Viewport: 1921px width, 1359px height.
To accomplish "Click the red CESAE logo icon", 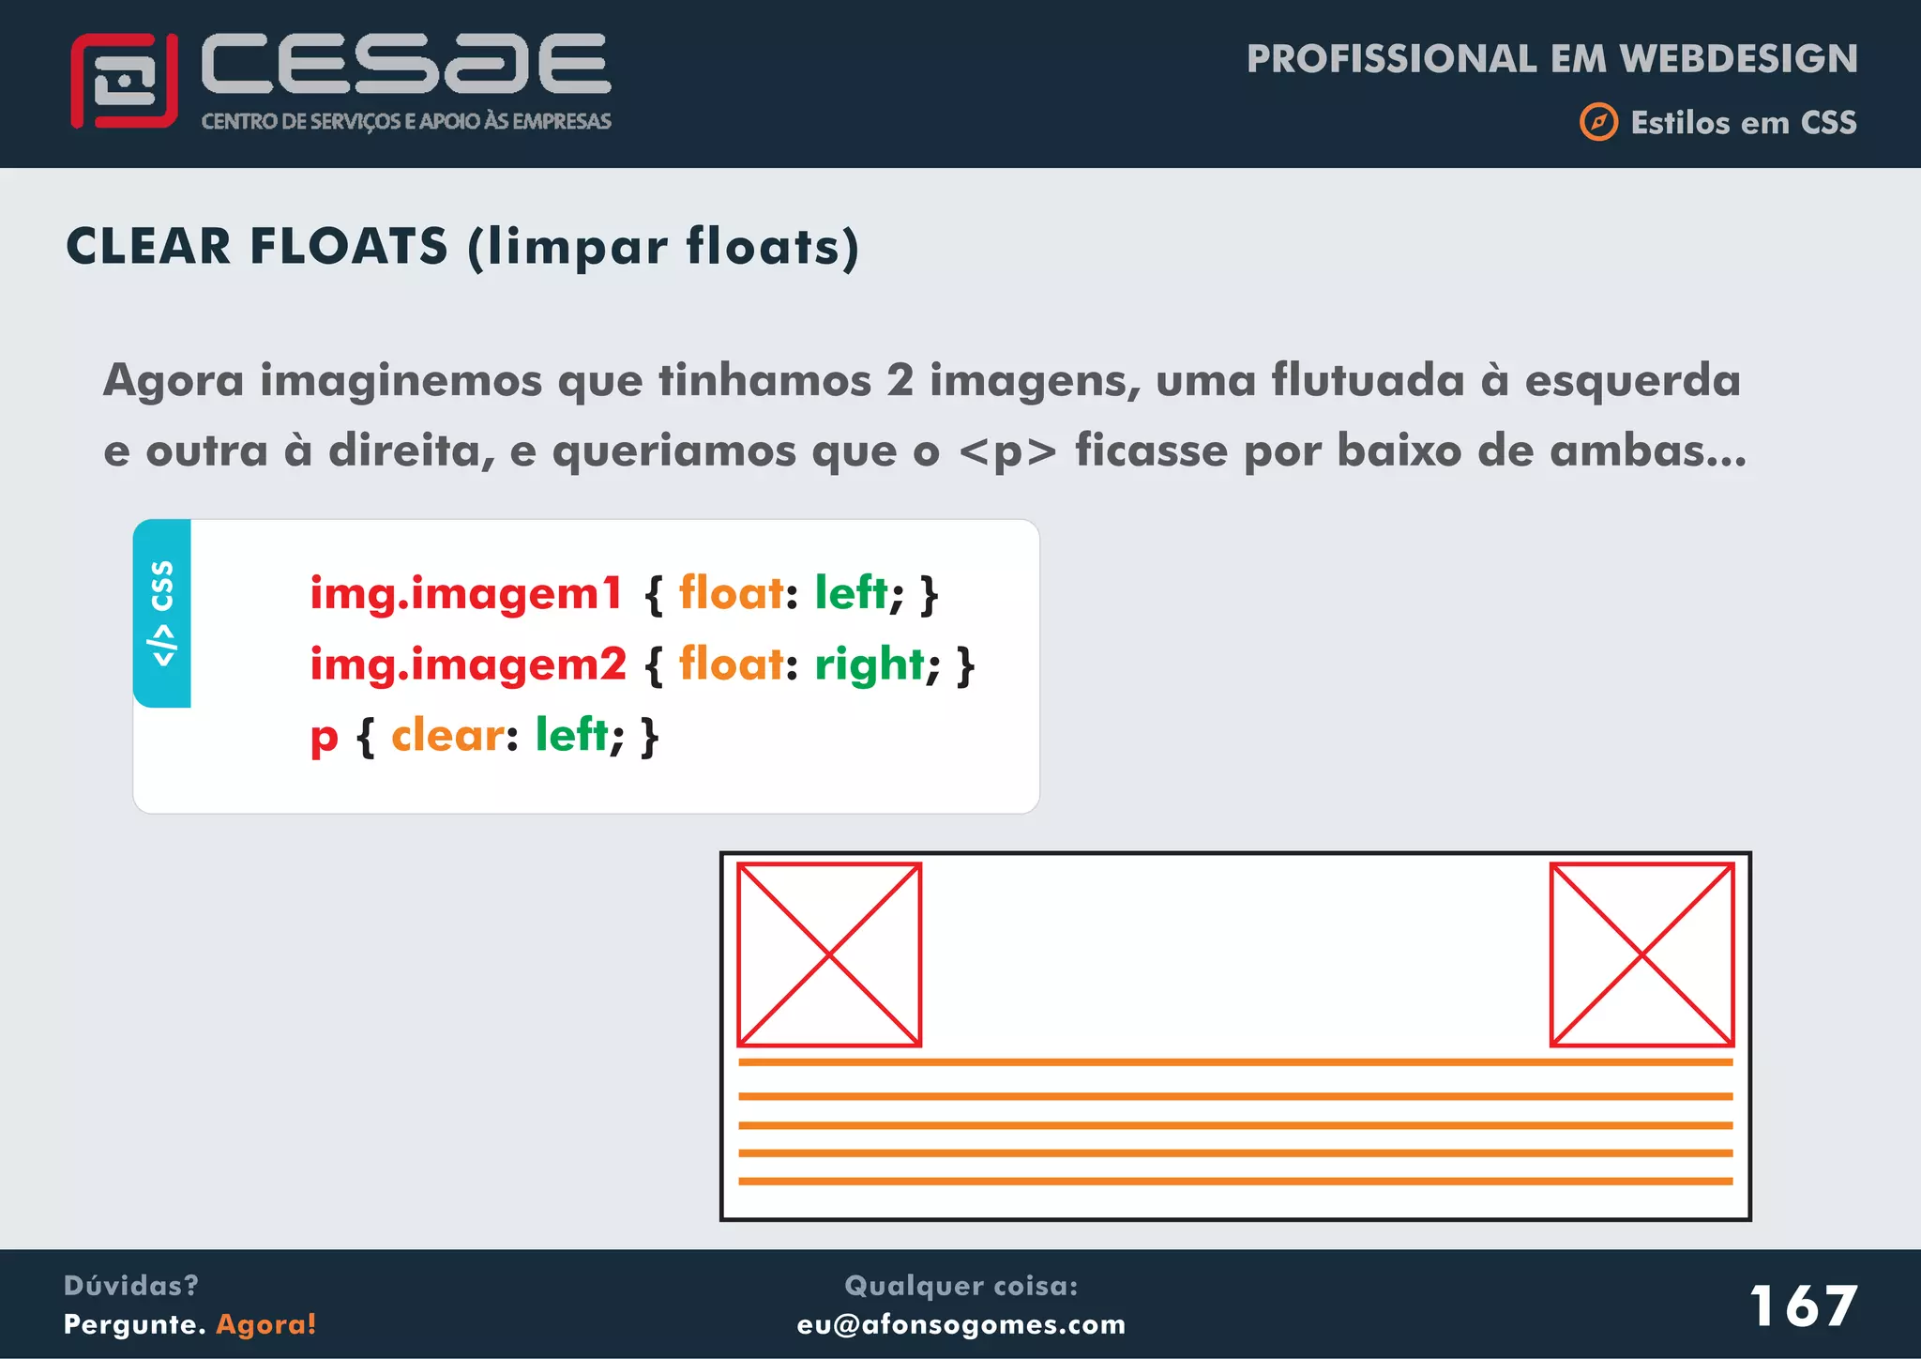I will (x=124, y=81).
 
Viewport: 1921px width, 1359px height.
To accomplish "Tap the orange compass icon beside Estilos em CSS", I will (x=1598, y=122).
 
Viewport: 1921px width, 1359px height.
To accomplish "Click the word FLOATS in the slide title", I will (x=349, y=247).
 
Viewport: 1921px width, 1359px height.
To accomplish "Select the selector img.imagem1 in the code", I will (x=466, y=594).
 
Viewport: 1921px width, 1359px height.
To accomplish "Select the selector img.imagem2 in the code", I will (x=467, y=665).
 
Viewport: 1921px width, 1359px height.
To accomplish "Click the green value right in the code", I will (x=870, y=665).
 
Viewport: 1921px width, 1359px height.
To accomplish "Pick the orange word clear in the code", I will (x=447, y=735).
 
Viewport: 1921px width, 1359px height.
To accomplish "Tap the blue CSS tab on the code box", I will (x=162, y=613).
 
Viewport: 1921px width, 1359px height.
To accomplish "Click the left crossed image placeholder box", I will (x=829, y=954).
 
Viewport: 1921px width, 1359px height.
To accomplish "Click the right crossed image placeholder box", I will (x=1641, y=954).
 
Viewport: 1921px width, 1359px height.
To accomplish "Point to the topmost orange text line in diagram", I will (x=1234, y=1062).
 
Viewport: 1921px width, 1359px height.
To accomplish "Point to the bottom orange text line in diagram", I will (x=1234, y=1181).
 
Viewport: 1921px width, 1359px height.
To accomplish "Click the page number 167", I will (x=1803, y=1306).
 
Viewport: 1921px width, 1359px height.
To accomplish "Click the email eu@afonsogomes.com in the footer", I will (x=960, y=1324).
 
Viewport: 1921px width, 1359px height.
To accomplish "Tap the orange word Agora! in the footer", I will (x=266, y=1324).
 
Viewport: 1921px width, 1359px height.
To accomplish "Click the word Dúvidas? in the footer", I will (x=131, y=1286).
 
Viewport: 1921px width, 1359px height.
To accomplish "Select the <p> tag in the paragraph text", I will (x=1007, y=451).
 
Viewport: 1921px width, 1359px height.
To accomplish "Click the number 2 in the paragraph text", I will (x=900, y=381).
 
